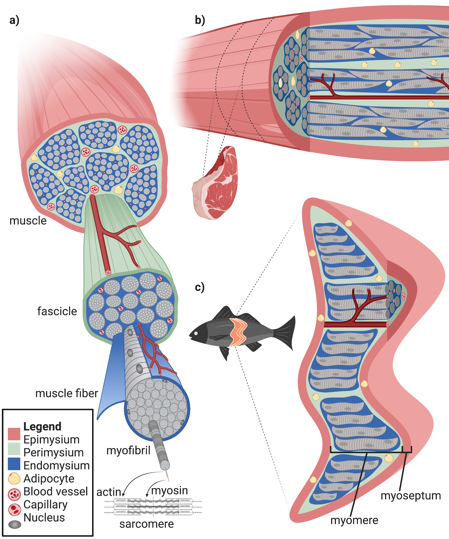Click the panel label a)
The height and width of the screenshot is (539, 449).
[x=14, y=20]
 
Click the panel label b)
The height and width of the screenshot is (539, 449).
[x=200, y=20]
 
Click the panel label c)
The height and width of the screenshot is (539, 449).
[x=200, y=287]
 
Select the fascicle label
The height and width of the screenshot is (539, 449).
[x=57, y=311]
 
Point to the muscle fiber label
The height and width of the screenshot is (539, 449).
[x=67, y=393]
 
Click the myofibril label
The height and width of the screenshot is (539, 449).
[x=128, y=450]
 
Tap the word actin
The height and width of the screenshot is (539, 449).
[x=108, y=492]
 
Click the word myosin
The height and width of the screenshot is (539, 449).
[x=169, y=490]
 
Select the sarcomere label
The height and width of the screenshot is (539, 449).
[x=146, y=524]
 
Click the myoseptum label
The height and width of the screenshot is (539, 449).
[x=411, y=495]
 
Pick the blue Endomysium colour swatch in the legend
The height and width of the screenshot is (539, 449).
[x=14, y=464]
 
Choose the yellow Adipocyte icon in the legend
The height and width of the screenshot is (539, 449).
[x=14, y=478]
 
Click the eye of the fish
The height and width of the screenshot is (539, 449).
[x=196, y=333]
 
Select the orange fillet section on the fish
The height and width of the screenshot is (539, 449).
[x=238, y=332]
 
